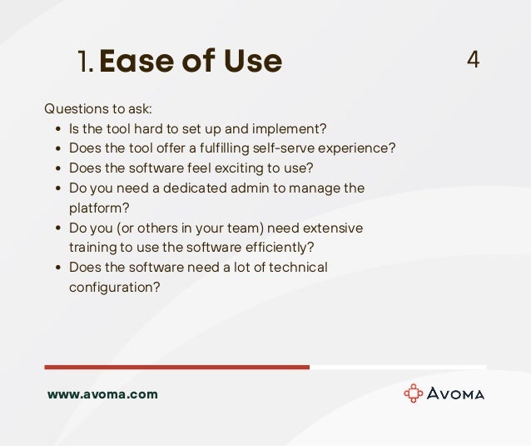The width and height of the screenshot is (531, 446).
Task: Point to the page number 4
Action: point(473,60)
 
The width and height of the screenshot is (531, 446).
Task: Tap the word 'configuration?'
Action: point(115,287)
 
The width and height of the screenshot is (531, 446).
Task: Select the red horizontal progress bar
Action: point(176,367)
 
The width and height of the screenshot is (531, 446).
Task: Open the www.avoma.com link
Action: point(102,394)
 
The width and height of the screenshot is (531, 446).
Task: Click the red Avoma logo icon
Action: point(413,393)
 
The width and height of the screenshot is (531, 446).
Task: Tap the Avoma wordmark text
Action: point(456,393)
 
